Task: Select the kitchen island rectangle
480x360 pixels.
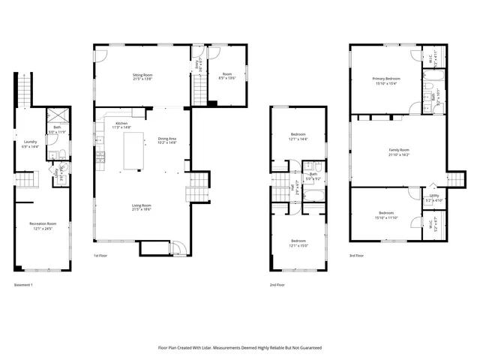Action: click(x=133, y=149)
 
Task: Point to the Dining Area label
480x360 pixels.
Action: click(x=167, y=140)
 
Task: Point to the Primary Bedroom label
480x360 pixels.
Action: click(x=386, y=80)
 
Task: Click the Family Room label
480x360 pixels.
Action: click(x=399, y=152)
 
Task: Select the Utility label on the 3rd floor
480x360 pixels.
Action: click(x=433, y=199)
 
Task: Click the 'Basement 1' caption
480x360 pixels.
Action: click(x=23, y=285)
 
